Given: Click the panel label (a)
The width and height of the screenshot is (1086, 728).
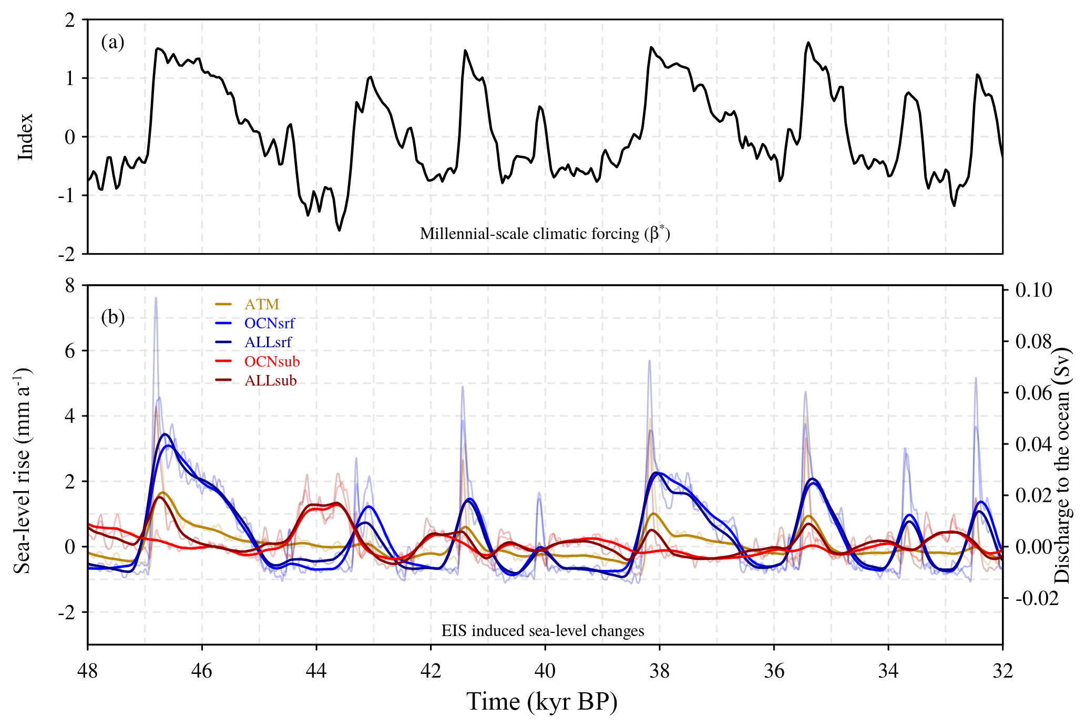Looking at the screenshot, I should [112, 42].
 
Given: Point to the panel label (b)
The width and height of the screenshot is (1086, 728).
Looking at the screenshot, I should [112, 317].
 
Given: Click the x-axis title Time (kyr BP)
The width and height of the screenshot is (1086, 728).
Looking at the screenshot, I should [542, 702].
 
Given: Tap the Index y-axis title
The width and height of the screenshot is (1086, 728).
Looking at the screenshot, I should [25, 137].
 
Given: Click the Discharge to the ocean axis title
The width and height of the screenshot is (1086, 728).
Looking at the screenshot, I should [1063, 465].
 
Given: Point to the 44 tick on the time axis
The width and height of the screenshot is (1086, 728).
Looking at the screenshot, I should [316, 671].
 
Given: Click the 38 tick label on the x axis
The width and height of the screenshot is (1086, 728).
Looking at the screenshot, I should [659, 671].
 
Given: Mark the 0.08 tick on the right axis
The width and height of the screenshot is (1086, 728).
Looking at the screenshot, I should [1033, 341].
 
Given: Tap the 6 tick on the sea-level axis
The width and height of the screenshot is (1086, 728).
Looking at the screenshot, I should [70, 351].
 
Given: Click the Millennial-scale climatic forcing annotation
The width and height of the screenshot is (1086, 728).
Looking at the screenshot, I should [545, 233].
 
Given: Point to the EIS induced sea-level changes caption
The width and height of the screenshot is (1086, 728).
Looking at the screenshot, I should [542, 630].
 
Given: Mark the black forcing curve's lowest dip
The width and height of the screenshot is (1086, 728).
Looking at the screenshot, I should [339, 230].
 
